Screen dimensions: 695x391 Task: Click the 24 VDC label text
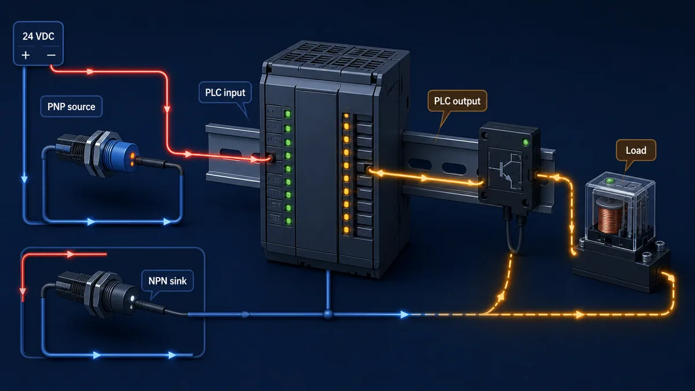[x=38, y=36]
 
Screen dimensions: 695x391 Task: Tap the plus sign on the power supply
[x=25, y=55]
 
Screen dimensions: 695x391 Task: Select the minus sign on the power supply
[x=51, y=55]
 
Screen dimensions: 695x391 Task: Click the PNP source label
[x=71, y=107]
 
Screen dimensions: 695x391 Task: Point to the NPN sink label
[x=167, y=281]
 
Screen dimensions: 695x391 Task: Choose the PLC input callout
[x=225, y=93]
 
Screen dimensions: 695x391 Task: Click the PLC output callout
[x=457, y=101]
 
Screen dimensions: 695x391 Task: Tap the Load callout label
[x=636, y=150]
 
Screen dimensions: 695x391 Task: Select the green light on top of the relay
[x=610, y=181]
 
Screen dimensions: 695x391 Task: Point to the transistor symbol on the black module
[x=507, y=170]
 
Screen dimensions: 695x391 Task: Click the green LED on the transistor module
[x=526, y=142]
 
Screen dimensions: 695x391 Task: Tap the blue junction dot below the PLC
[x=328, y=315]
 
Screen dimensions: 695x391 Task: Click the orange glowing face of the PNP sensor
[x=132, y=158]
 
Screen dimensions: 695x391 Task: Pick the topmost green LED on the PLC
[x=288, y=114]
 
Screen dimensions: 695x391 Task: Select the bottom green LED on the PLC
[x=288, y=221]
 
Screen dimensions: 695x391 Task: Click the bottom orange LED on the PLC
[x=346, y=230]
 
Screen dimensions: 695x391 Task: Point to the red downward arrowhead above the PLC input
[x=167, y=109]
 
